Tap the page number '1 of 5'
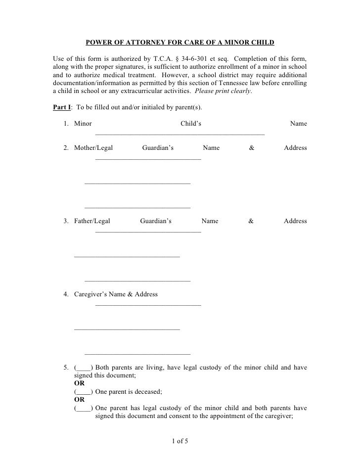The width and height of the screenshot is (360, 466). pos(180,441)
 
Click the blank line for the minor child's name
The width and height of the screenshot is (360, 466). pos(180,134)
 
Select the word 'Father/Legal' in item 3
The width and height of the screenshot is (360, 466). pos(92,221)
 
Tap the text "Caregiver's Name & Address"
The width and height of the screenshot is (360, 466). pos(116,294)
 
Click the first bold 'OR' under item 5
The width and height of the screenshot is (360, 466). pos(79,383)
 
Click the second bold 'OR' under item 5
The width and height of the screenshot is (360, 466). pos(79,400)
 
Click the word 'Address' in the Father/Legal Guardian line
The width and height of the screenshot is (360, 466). pos(295,221)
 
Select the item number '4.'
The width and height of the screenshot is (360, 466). pos(66,294)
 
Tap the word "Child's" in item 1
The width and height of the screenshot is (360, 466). pos(191,124)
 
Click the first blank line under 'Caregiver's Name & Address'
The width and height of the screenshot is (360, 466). pos(148,305)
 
